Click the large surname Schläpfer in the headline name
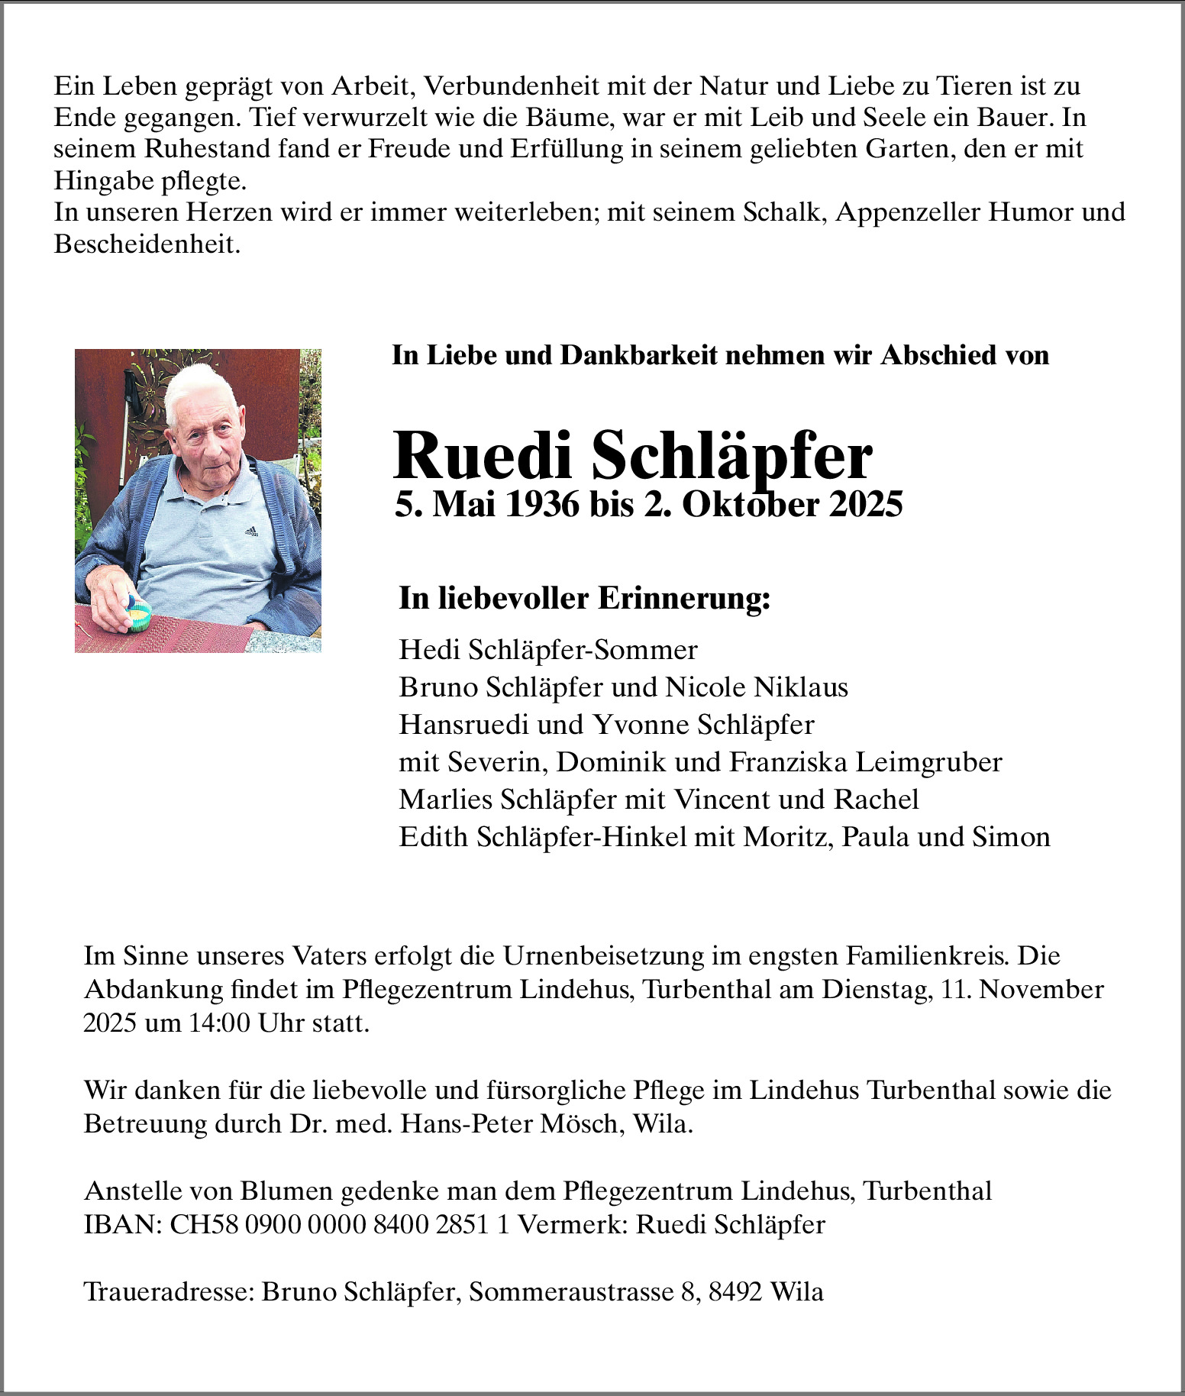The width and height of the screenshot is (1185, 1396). pos(731,457)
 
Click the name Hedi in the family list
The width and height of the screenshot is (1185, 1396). pos(430,650)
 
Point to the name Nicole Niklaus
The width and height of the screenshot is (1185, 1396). pos(757,687)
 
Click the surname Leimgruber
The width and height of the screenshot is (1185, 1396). pos(928,762)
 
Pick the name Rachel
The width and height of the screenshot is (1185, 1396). pos(877,800)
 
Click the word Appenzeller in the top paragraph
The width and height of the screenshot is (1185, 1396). pos(908,212)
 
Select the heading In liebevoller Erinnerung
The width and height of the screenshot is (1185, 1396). pos(584,598)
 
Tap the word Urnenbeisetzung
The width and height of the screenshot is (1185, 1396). pos(602,956)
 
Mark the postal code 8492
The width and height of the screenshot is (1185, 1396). pos(735,1292)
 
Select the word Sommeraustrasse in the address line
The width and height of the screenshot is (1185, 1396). pos(569,1292)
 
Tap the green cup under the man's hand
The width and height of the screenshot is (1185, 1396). pos(139,615)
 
